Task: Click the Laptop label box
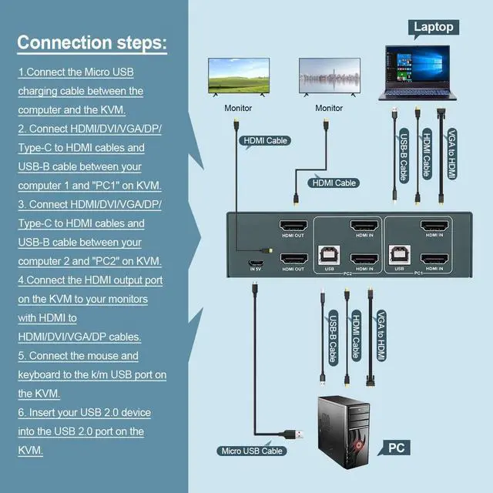click(x=434, y=27)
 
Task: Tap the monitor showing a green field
click(x=238, y=77)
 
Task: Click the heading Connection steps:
click(x=92, y=42)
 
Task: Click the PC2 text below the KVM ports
click(x=347, y=273)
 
